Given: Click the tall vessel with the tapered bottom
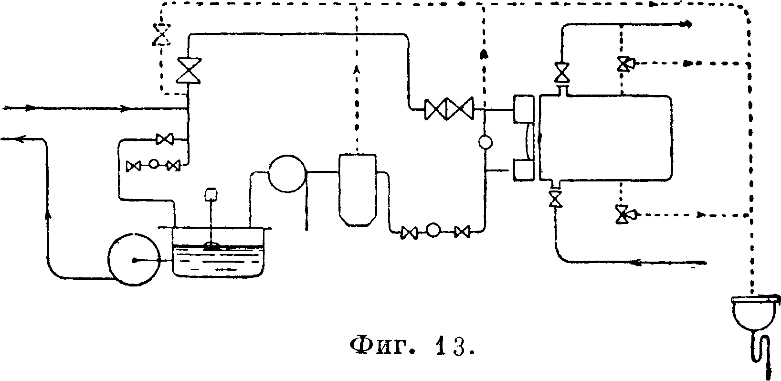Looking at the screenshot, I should pos(357,189).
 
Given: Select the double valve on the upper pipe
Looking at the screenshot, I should pos(449,109).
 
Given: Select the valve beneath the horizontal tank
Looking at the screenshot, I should pos(554,198).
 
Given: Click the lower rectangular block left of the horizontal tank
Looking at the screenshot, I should pos(523,170).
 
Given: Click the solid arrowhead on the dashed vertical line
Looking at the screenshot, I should pos(485,53).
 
